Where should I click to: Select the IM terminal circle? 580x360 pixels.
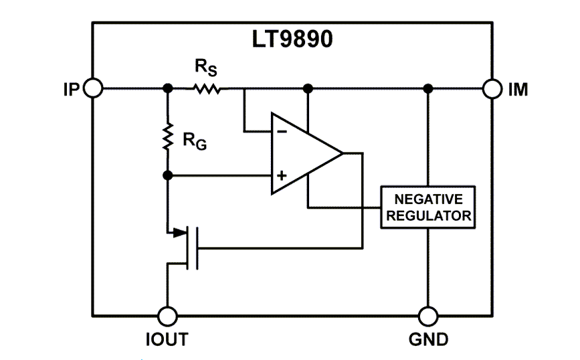(x=493, y=88)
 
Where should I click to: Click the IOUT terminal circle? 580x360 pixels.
(x=167, y=315)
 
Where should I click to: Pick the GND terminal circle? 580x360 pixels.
(x=428, y=315)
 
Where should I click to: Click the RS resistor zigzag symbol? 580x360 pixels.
(x=207, y=88)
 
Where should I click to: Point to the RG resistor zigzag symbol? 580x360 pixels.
(x=168, y=137)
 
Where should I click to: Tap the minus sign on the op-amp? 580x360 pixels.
(x=282, y=132)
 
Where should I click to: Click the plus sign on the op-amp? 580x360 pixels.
(x=282, y=176)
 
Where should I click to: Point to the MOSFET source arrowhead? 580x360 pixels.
(x=179, y=233)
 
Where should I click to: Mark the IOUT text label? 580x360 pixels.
(x=167, y=339)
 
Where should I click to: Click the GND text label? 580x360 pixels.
(x=428, y=339)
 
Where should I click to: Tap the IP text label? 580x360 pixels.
(x=72, y=88)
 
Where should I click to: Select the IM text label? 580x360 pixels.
(x=518, y=88)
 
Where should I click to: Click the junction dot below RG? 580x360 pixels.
(x=168, y=175)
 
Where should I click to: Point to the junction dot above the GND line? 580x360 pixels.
(x=428, y=88)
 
